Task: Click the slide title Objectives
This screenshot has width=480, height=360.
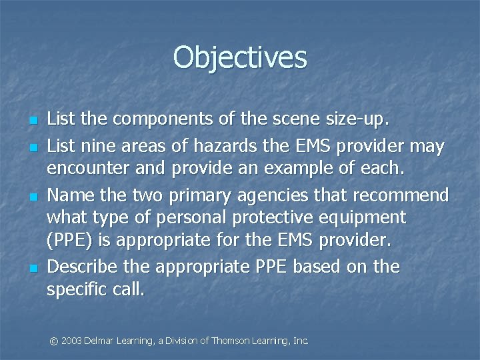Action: pyautogui.click(x=240, y=57)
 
